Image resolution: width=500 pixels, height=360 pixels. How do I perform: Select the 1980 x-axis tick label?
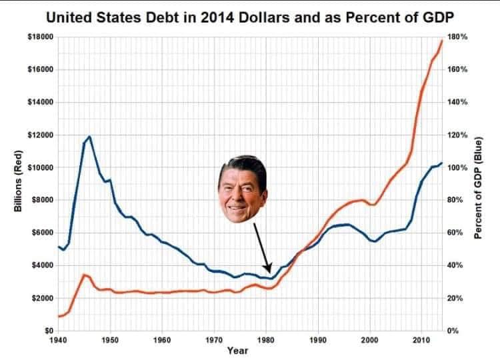[266, 340]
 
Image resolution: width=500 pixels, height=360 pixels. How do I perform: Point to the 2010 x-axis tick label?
[421, 340]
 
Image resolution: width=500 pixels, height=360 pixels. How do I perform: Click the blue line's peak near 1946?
[89, 136]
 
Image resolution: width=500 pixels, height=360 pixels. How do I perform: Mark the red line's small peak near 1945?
[84, 274]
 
